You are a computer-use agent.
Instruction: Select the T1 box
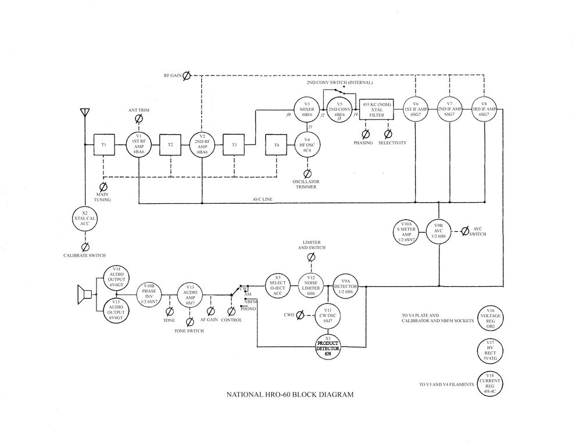[104, 145]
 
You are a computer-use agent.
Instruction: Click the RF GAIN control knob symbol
[187, 75]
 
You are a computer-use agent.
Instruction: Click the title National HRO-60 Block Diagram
[289, 395]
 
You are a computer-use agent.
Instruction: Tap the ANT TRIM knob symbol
[139, 118]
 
